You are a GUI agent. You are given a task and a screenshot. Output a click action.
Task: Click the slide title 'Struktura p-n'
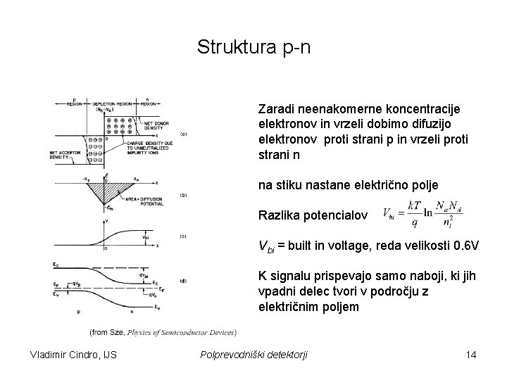pos(253,47)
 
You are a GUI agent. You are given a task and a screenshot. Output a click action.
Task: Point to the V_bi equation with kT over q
pos(423,213)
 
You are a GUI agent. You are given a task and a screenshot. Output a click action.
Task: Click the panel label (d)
pos(183,281)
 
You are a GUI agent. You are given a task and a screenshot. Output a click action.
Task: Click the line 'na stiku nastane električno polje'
pos(349,185)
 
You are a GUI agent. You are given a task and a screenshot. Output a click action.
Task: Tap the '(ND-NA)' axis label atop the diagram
pos(105,110)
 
